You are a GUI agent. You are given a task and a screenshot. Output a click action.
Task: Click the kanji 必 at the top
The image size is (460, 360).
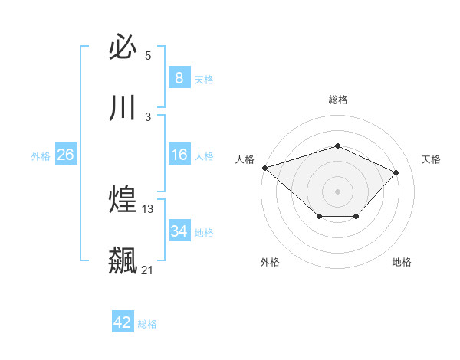tap(123, 47)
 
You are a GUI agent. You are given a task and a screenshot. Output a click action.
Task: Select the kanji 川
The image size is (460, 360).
tap(123, 108)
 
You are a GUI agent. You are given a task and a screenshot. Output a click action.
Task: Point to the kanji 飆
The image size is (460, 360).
tap(123, 260)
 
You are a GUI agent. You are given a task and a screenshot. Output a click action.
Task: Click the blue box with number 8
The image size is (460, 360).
tap(179, 77)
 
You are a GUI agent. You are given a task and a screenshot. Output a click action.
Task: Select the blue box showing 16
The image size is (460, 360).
tap(179, 155)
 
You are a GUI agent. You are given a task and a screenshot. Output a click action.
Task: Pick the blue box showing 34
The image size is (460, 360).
tap(179, 231)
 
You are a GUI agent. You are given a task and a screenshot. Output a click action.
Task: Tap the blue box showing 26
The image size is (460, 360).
tap(65, 155)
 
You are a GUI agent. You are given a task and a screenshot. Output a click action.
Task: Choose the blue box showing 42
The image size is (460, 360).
tap(123, 322)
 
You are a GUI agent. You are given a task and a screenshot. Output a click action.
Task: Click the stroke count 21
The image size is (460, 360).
tap(147, 270)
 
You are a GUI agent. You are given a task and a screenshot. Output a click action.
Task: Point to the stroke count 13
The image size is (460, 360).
tap(148, 208)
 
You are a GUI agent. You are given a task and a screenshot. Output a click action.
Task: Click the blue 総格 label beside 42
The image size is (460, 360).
tap(147, 324)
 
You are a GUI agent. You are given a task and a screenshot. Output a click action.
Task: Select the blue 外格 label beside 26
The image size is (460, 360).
tap(41, 156)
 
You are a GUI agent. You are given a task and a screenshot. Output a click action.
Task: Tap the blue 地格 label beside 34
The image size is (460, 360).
tap(204, 233)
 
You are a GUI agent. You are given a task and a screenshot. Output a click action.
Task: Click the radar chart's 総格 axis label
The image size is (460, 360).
tap(337, 100)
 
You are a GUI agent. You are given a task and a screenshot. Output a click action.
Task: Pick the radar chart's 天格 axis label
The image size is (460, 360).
tap(431, 159)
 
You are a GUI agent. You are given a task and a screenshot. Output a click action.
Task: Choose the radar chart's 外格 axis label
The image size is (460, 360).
tap(270, 262)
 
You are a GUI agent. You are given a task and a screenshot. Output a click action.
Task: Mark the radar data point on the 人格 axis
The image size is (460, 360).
tap(264, 167)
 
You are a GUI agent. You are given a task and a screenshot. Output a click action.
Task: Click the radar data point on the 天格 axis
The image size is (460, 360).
tap(396, 172)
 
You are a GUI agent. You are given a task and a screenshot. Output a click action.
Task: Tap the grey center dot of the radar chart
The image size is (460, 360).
tap(337, 191)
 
